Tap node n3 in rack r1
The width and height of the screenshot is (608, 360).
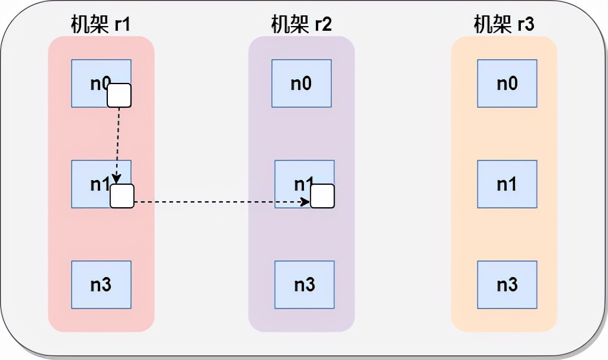pos(101,285)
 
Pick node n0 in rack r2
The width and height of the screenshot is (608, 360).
pos(301,83)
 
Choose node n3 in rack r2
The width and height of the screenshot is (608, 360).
pos(304,285)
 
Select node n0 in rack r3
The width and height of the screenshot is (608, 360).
pos(507,83)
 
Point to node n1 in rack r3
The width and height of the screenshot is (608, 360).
pos(507,184)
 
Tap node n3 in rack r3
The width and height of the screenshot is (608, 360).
pos(507,285)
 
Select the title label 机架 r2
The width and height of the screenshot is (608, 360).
pos(301,25)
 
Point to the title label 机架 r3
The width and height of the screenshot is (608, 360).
pos(504,25)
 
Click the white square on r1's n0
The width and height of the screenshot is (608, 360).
pos(119,95)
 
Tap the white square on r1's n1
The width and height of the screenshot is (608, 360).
pos(122,196)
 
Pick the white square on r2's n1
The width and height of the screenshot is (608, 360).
pos(323,196)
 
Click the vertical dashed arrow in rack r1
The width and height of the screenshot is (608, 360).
pos(118,142)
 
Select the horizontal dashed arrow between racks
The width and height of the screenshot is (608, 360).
pos(219,202)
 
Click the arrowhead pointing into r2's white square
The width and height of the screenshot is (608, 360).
pos(306,202)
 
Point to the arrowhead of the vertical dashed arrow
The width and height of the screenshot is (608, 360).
pos(117,179)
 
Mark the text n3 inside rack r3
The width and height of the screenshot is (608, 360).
pos(507,285)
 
